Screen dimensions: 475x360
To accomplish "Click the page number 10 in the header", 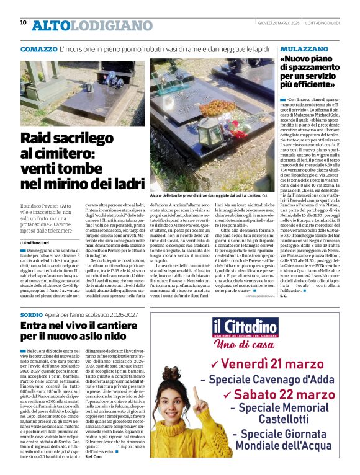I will [23, 22].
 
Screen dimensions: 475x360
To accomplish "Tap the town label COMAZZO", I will [38, 48].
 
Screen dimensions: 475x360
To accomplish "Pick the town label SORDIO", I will [32, 315].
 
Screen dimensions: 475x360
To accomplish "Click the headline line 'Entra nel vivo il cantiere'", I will [81, 326].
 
